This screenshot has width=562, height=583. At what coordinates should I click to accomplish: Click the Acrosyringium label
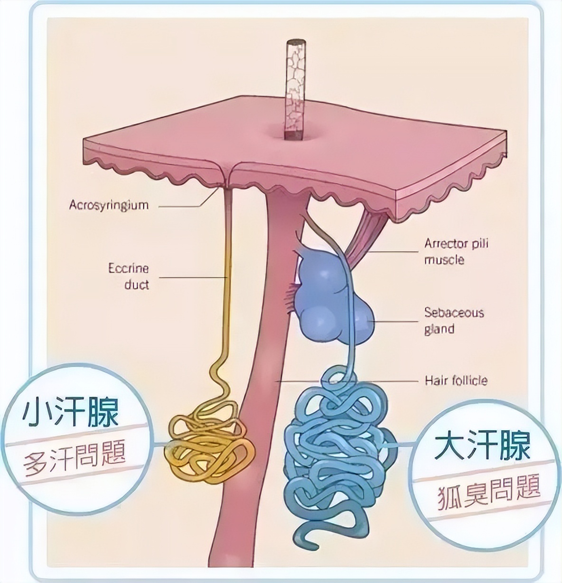109,205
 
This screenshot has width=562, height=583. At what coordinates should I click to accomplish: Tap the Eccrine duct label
128,276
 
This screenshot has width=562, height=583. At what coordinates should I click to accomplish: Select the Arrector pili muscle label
455,252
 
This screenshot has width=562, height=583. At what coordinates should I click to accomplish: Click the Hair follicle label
455,380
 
